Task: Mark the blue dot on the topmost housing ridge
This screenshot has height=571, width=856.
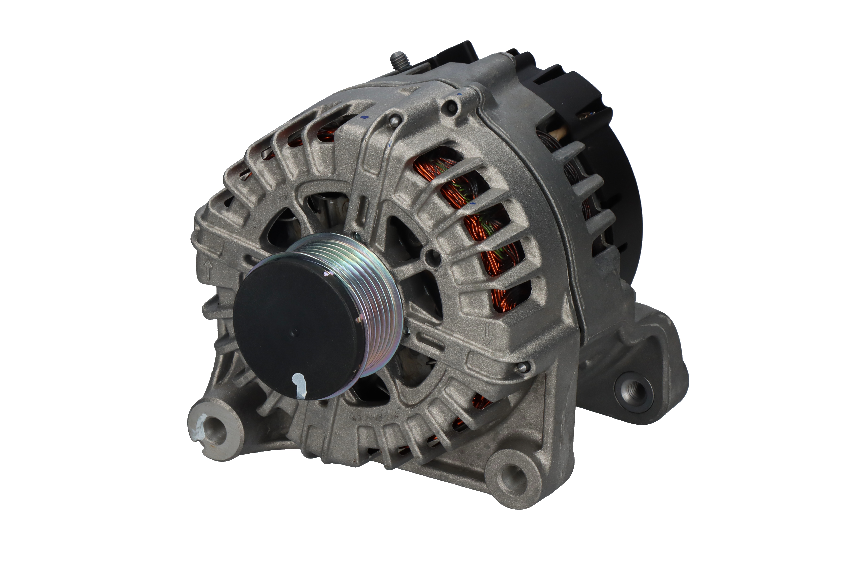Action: (459, 94)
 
